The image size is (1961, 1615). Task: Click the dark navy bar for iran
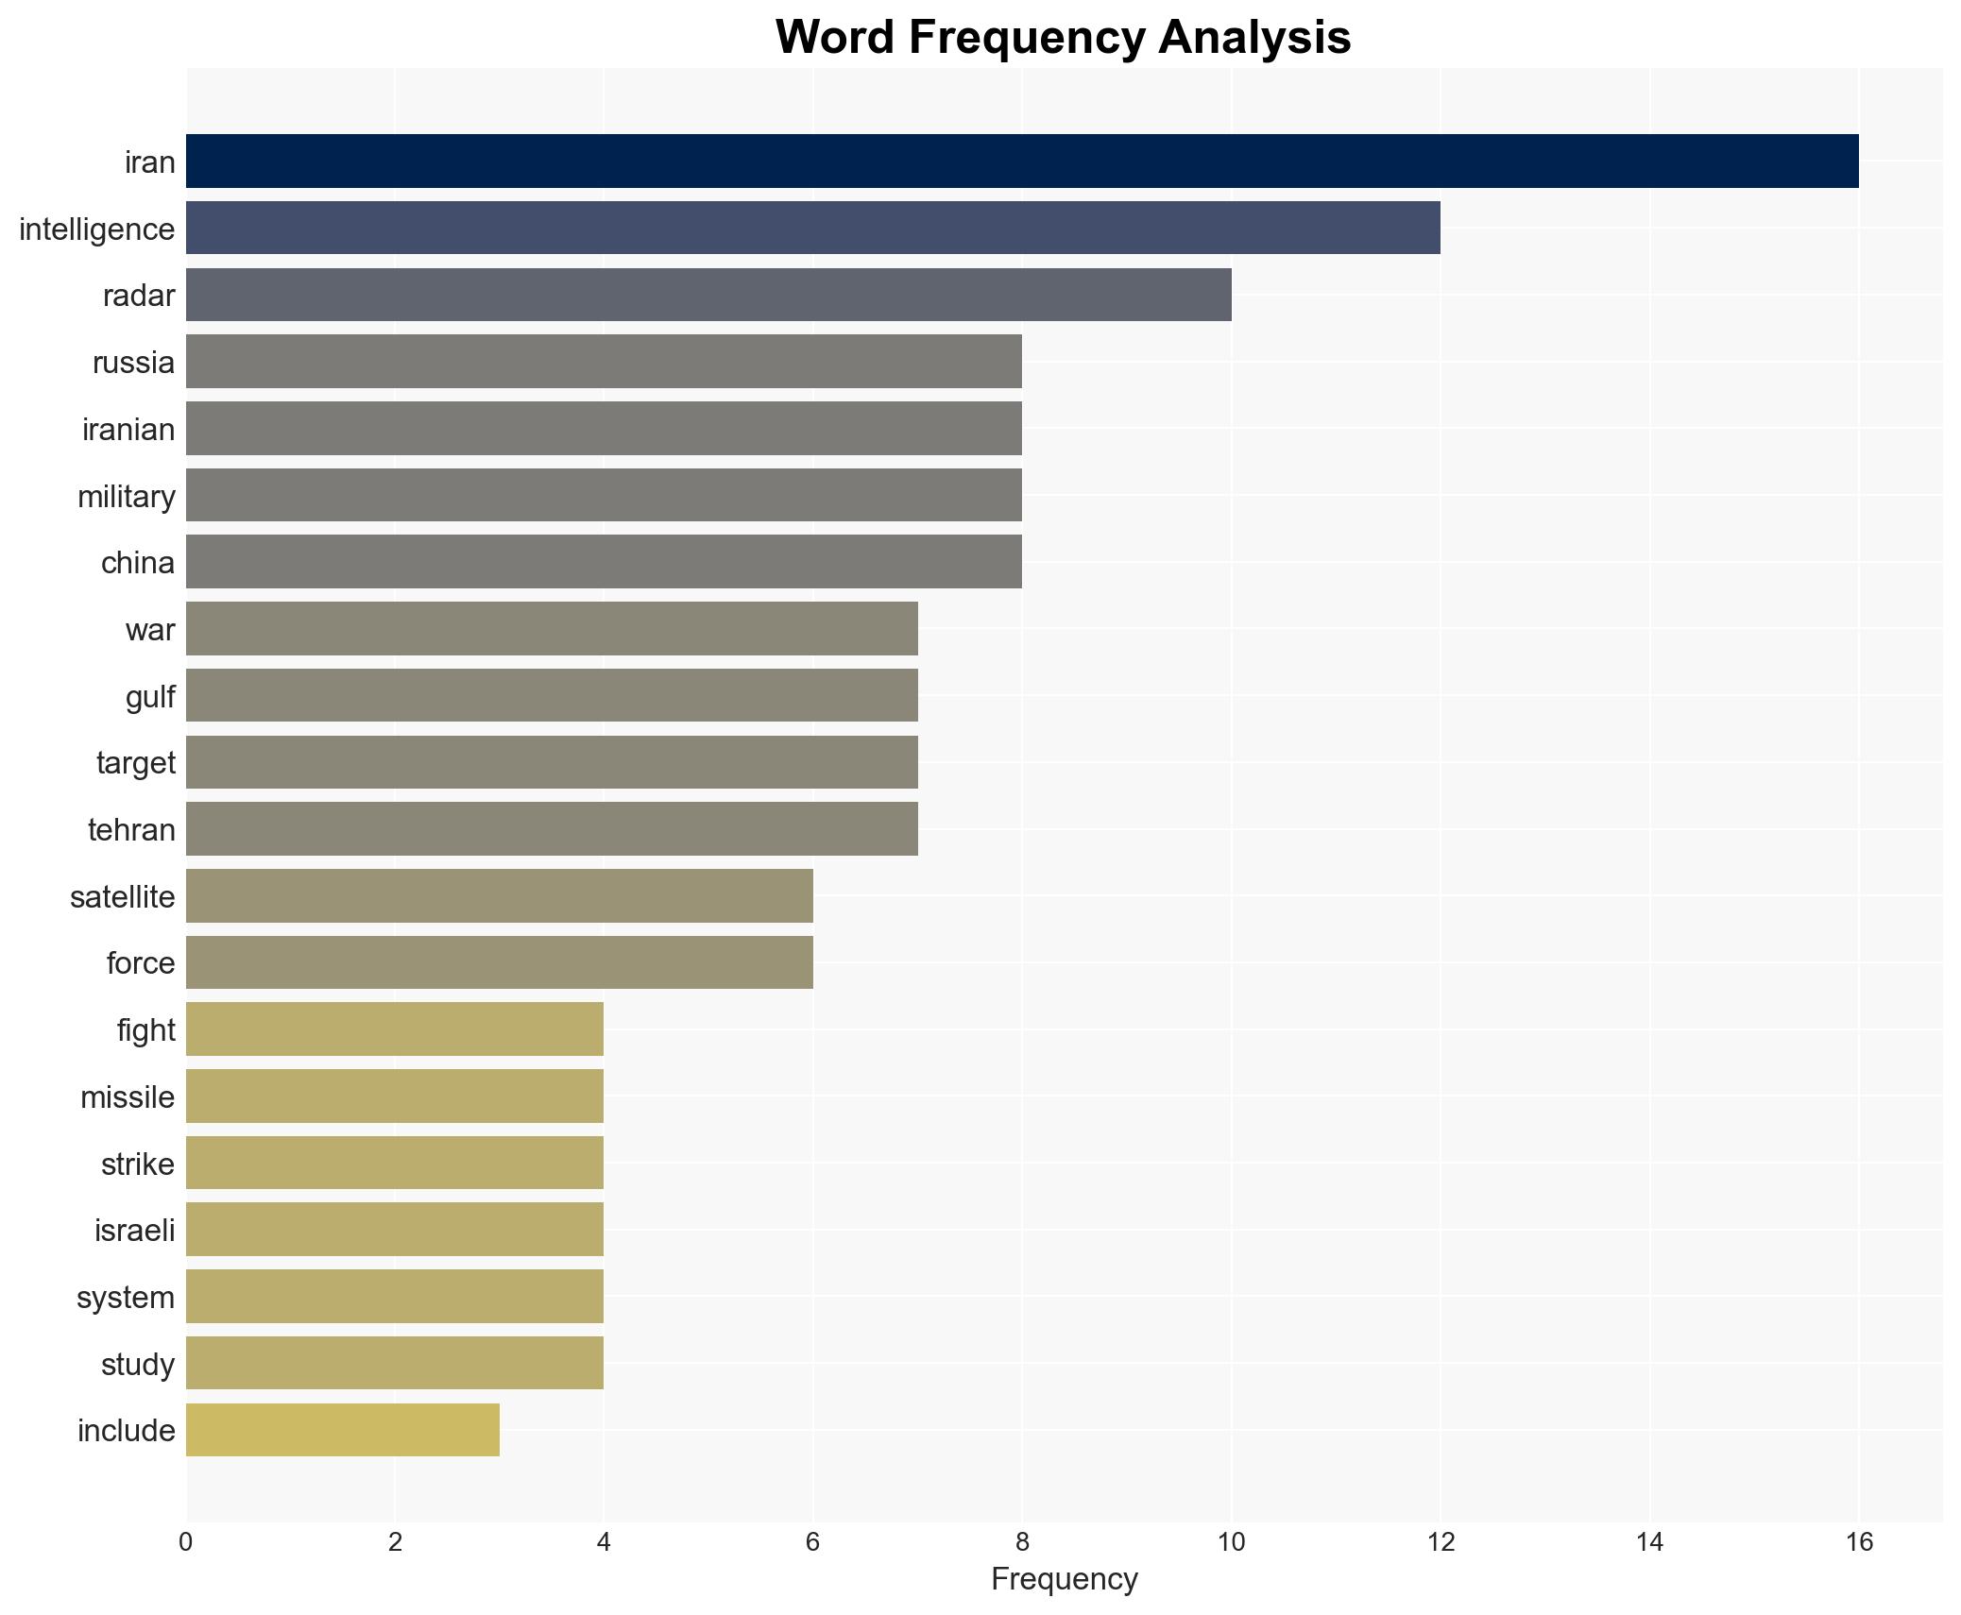(x=1021, y=161)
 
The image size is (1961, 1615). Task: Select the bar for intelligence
(x=812, y=229)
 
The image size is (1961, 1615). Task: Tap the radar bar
(x=708, y=295)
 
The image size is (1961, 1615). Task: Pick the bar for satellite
(x=499, y=896)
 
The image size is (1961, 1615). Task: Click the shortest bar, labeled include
(x=342, y=1430)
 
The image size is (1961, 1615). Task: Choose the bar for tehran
(x=552, y=829)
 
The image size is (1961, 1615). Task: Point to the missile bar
(x=394, y=1096)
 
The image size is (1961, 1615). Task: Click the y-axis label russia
(x=133, y=363)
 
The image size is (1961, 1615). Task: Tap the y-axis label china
(x=138, y=563)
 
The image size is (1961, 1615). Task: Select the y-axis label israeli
(x=134, y=1231)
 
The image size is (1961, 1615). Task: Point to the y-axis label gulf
(x=150, y=697)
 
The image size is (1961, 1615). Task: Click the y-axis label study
(x=138, y=1365)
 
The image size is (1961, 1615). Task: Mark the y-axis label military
(x=127, y=497)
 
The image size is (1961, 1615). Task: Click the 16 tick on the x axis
(x=1858, y=1542)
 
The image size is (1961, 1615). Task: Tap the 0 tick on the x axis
(x=186, y=1542)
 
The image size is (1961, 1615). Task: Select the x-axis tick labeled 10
(x=1231, y=1542)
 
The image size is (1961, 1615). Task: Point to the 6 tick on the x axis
(x=812, y=1542)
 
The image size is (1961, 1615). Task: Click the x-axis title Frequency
(x=1064, y=1579)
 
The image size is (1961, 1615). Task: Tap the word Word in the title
(x=836, y=38)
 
